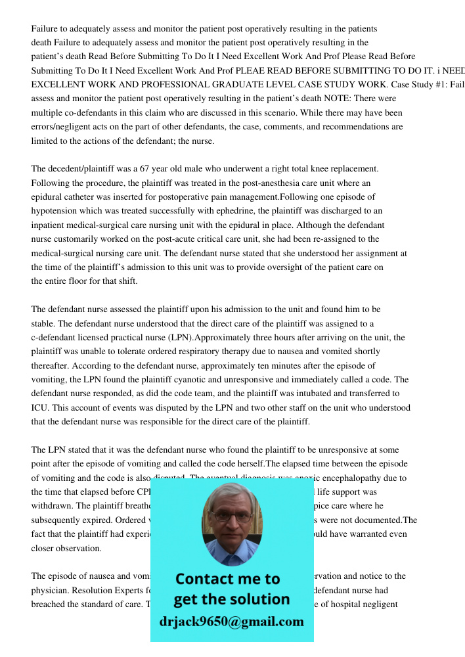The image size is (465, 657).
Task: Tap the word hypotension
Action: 55,211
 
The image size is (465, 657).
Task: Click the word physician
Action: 53,590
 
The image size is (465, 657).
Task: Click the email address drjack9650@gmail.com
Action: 232,622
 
